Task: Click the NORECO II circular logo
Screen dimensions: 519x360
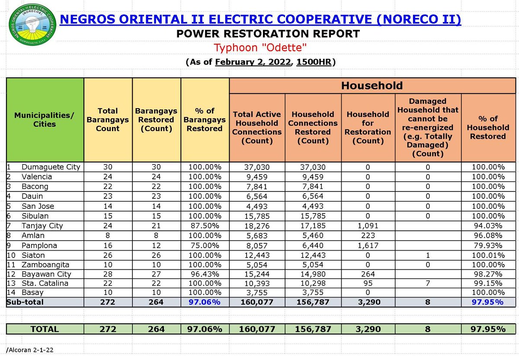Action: [x=32, y=25]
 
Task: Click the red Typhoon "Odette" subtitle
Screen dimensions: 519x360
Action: [x=260, y=48]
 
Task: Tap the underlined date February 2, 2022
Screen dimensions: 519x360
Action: [x=253, y=62]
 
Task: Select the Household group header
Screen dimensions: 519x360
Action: [x=372, y=86]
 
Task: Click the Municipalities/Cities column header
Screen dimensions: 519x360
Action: [x=44, y=120]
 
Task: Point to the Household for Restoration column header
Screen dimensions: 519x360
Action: [x=368, y=127]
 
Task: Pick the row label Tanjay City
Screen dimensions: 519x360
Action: [x=42, y=226]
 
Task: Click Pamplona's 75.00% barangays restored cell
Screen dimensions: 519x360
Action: [x=205, y=245]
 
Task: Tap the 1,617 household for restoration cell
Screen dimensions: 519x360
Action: [x=368, y=245]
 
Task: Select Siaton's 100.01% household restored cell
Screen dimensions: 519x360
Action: [x=488, y=255]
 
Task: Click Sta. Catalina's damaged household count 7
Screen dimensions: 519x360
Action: [x=428, y=283]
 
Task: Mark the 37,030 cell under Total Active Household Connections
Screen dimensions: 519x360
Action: [x=257, y=167]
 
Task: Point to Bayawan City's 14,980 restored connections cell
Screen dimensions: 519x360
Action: [x=313, y=274]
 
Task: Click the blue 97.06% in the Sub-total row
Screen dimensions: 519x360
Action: [x=205, y=302]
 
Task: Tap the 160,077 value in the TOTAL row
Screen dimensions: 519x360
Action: [x=257, y=329]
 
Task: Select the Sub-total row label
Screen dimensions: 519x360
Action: [x=25, y=302]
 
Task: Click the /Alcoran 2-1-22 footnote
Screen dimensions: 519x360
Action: [x=30, y=350]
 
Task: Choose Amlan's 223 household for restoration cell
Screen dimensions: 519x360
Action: [x=368, y=236]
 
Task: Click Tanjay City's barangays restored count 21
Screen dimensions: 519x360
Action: [x=156, y=226]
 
